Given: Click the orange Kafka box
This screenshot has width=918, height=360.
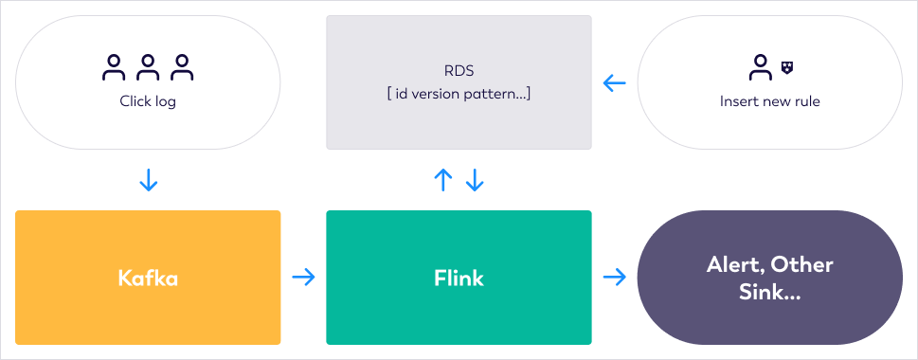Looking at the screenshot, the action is pyautogui.click(x=148, y=278).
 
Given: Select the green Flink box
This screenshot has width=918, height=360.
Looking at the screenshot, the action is pyautogui.click(x=459, y=278).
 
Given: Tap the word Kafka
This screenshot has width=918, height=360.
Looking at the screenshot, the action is pyautogui.click(x=148, y=278).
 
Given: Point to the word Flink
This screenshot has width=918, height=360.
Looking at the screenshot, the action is pyautogui.click(x=459, y=278).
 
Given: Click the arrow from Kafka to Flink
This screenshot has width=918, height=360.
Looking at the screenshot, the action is pyautogui.click(x=303, y=278).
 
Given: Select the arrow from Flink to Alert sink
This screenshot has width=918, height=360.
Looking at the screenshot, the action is pyautogui.click(x=614, y=278).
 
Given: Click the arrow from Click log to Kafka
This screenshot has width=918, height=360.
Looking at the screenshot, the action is pyautogui.click(x=149, y=180).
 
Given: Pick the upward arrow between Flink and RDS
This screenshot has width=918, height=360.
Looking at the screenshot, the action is pyautogui.click(x=443, y=180).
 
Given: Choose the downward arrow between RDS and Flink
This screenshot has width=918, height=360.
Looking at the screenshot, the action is pyautogui.click(x=475, y=180).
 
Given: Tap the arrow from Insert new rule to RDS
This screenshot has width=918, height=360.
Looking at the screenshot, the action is pyautogui.click(x=614, y=83).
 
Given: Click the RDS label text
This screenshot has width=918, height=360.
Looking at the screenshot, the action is pyautogui.click(x=459, y=71).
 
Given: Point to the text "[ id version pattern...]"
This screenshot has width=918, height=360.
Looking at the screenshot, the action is pyautogui.click(x=459, y=94).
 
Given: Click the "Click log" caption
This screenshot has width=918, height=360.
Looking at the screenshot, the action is pyautogui.click(x=148, y=101).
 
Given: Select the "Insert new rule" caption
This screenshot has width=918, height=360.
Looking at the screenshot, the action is pyautogui.click(x=770, y=101).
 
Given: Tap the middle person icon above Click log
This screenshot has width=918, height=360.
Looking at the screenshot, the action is pyautogui.click(x=148, y=67).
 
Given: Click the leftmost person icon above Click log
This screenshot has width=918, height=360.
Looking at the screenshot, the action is pyautogui.click(x=114, y=67).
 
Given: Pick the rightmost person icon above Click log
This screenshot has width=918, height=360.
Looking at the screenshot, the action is pyautogui.click(x=182, y=67).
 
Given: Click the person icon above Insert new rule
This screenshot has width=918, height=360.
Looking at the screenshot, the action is pyautogui.click(x=760, y=67).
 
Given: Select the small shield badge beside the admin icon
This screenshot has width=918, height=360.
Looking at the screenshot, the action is pyautogui.click(x=787, y=67).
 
